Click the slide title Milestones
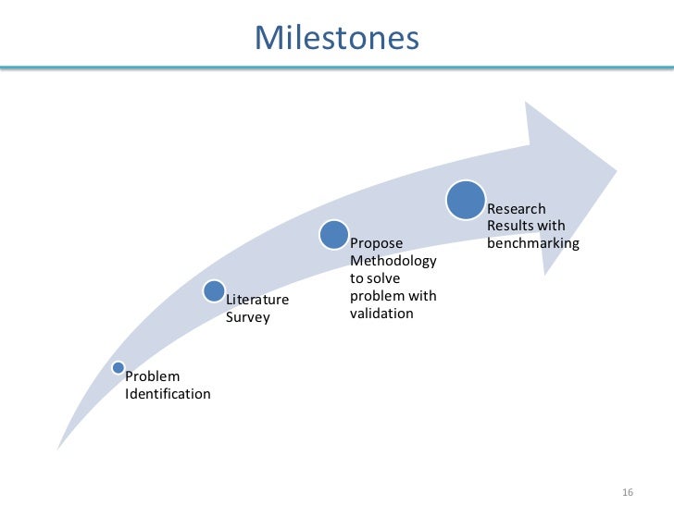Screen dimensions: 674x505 [337, 38]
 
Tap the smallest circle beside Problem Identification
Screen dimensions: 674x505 [119, 367]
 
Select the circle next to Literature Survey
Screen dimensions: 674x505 [214, 292]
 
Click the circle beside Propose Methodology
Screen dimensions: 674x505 [334, 235]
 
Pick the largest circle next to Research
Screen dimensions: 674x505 [466, 200]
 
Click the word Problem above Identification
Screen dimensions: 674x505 [153, 376]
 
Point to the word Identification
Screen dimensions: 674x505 [168, 394]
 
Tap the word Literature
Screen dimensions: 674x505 [257, 300]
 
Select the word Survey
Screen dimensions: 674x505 [247, 317]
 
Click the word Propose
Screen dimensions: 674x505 [377, 243]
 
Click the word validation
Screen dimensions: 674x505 [381, 314]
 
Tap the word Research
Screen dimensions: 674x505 [517, 209]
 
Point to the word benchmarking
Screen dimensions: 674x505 [533, 244]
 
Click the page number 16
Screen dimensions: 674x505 [627, 490]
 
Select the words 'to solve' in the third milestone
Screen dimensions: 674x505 [375, 278]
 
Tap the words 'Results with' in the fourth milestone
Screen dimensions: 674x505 [526, 227]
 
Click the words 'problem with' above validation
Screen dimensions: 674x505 [393, 296]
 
